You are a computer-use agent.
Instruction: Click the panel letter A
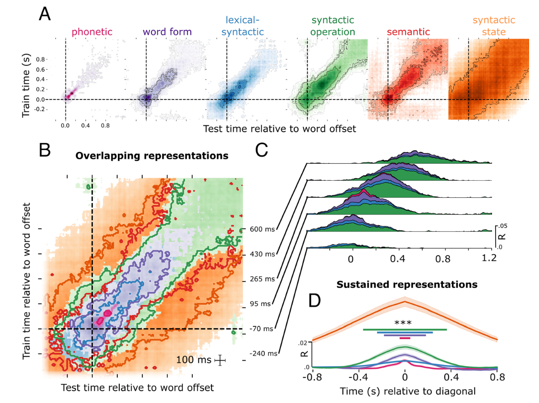pyautogui.click(x=45, y=15)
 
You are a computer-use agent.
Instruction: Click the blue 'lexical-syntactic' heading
pyautogui.click(x=244, y=26)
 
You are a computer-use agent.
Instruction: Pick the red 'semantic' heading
pyautogui.click(x=408, y=32)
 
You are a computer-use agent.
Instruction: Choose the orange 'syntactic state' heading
pyautogui.click(x=494, y=26)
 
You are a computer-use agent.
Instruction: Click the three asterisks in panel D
pyautogui.click(x=403, y=323)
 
